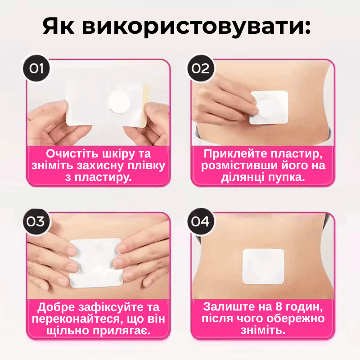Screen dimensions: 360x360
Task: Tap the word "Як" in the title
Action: coord(58,26)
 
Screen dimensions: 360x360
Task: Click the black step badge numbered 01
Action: coord(36,68)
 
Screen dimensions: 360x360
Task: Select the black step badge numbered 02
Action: coord(200,68)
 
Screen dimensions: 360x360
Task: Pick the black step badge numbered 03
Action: coord(36,221)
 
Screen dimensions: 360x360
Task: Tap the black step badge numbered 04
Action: coord(200,221)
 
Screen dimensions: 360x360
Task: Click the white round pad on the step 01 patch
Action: coord(119,102)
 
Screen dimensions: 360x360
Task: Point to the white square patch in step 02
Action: coord(269,108)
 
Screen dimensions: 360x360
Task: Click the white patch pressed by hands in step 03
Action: coord(96,262)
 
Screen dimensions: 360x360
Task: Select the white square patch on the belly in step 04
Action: coord(263,266)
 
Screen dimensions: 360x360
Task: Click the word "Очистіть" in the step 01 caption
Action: coord(72,153)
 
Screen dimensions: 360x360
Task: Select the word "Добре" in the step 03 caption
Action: coord(56,307)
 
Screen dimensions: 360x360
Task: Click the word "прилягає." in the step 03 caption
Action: coord(121,331)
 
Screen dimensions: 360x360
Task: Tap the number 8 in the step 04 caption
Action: coord(279,307)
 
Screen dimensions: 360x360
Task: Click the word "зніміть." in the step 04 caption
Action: coord(263,330)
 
